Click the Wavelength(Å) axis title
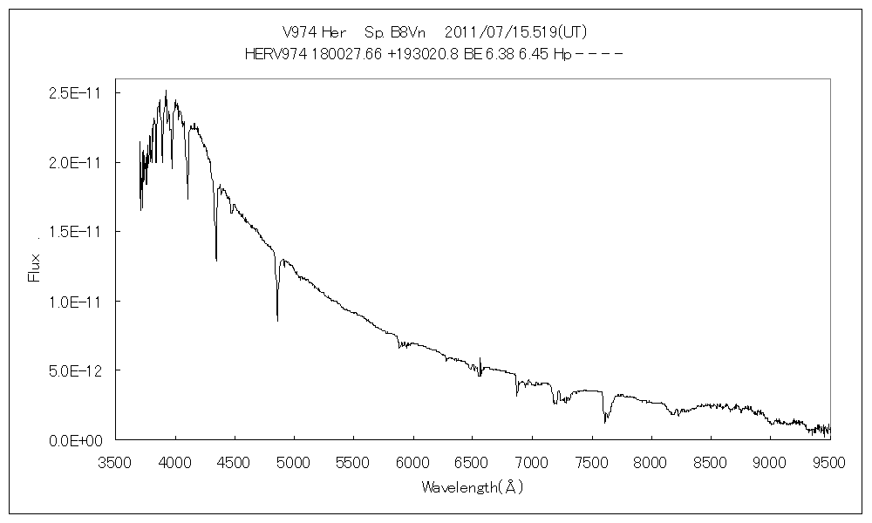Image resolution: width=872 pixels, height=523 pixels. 472,487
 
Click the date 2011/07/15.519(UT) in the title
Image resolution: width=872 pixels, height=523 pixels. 516,32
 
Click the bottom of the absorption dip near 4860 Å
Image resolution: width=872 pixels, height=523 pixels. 277,320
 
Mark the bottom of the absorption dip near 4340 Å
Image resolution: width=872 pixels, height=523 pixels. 216,259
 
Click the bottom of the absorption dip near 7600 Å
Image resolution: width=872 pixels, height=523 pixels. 604,423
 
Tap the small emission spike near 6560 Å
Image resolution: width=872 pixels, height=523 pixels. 480,358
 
